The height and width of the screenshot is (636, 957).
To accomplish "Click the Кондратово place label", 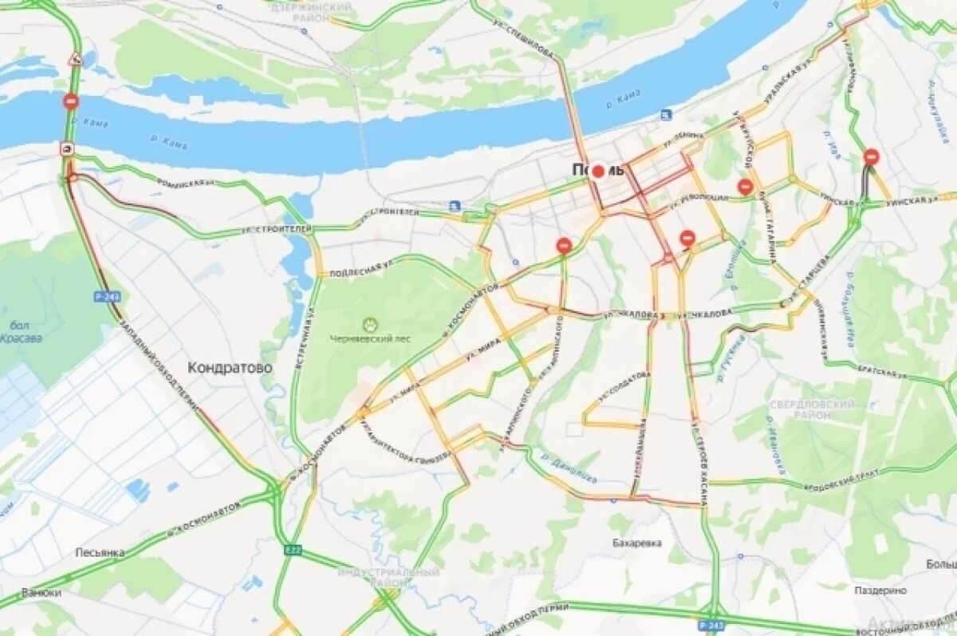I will (230, 368).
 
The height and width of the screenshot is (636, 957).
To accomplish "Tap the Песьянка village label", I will (100, 552).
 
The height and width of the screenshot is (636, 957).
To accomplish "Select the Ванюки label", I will (41, 593).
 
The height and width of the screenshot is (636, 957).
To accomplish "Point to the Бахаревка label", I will (637, 543).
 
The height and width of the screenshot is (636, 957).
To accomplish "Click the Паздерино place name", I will (880, 591).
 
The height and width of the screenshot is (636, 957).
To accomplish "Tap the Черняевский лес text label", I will (371, 338).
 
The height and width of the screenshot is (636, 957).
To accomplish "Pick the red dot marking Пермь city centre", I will (598, 171).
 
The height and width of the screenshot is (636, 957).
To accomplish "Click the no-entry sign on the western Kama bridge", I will (71, 102).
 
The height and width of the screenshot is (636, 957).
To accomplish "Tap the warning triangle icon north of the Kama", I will (76, 58).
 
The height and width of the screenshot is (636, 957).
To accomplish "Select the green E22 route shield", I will (293, 549).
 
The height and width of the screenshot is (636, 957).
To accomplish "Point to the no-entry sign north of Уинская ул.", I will (871, 157).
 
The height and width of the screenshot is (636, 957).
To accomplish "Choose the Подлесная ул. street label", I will (361, 267).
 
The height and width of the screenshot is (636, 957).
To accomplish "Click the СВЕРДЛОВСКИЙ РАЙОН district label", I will (812, 409).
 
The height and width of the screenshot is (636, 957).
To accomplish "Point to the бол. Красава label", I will (21, 331).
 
